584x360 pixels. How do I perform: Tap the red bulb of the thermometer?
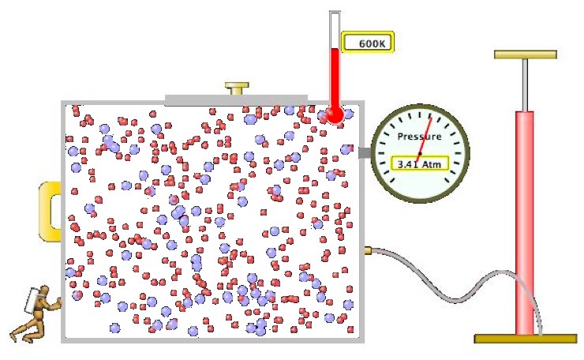(x=335, y=114)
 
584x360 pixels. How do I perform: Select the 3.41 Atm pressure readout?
(x=419, y=164)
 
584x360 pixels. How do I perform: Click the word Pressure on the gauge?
(x=419, y=137)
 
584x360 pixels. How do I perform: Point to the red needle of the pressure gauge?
(x=424, y=141)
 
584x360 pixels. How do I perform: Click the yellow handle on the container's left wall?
(x=50, y=212)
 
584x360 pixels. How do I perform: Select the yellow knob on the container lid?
(x=237, y=88)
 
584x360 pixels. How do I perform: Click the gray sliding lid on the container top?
(x=236, y=100)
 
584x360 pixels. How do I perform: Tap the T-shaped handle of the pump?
(x=526, y=54)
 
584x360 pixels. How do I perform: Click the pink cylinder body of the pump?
(x=524, y=223)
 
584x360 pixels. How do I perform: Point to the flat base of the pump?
(x=526, y=339)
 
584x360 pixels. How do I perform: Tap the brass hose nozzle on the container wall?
(x=368, y=250)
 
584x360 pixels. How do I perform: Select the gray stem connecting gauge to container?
(x=365, y=152)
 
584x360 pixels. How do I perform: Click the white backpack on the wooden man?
(x=32, y=300)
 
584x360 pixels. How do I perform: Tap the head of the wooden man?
(x=44, y=291)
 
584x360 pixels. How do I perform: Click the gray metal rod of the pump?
(x=525, y=85)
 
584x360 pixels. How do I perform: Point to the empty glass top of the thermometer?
(x=335, y=30)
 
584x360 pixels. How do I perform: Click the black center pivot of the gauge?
(x=420, y=153)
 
